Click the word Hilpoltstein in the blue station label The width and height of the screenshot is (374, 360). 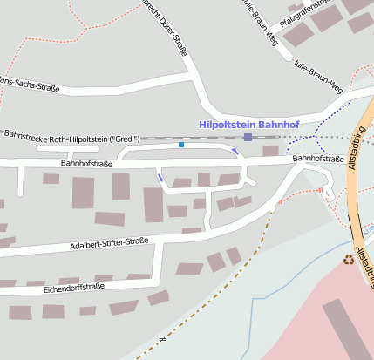[x=229, y=125]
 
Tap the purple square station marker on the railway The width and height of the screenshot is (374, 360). [x=248, y=138]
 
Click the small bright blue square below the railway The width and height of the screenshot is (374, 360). [x=181, y=145]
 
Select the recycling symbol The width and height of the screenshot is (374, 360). [x=349, y=259]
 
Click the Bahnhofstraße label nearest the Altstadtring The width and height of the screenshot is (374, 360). [x=316, y=159]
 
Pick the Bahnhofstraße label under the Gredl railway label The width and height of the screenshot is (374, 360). [x=87, y=163]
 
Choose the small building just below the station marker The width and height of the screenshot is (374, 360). [x=270, y=151]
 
